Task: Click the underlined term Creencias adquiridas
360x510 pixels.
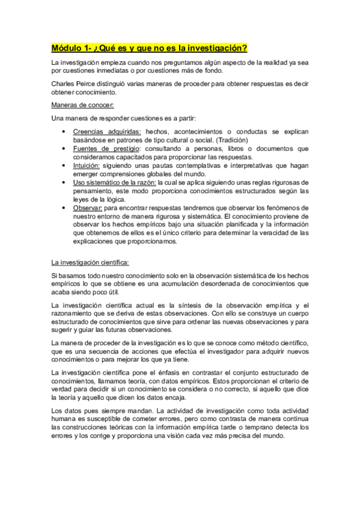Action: pyautogui.click(x=107, y=131)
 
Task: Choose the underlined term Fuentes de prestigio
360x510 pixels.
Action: pyautogui.click(x=106, y=148)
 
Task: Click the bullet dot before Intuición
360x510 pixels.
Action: pyautogui.click(x=64, y=165)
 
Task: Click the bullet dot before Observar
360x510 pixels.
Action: pyautogui.click(x=64, y=207)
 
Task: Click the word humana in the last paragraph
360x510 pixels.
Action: pyautogui.click(x=64, y=419)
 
